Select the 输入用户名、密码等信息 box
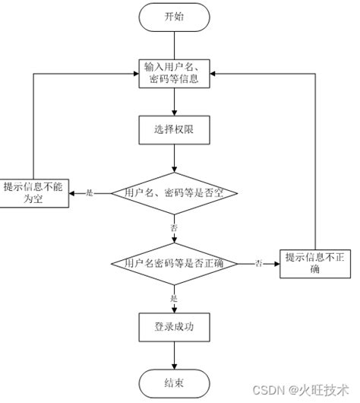pyautogui.click(x=174, y=73)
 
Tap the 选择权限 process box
pyautogui.click(x=174, y=129)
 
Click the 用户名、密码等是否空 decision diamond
pyautogui.click(x=174, y=193)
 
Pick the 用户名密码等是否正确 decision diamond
pyautogui.click(x=174, y=263)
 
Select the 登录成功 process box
pyautogui.click(x=174, y=327)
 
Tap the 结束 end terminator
pyautogui.click(x=174, y=382)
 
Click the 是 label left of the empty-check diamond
pyautogui.click(x=90, y=193)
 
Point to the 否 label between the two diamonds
pyautogui.click(x=174, y=227)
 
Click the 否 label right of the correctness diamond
pyautogui.click(x=258, y=263)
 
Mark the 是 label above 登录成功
pyautogui.click(x=174, y=298)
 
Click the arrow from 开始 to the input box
pyautogui.click(x=174, y=44)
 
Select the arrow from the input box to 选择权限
pyautogui.click(x=174, y=101)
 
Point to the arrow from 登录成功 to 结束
pyautogui.click(x=174, y=355)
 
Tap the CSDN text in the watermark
pyautogui.click(x=269, y=390)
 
